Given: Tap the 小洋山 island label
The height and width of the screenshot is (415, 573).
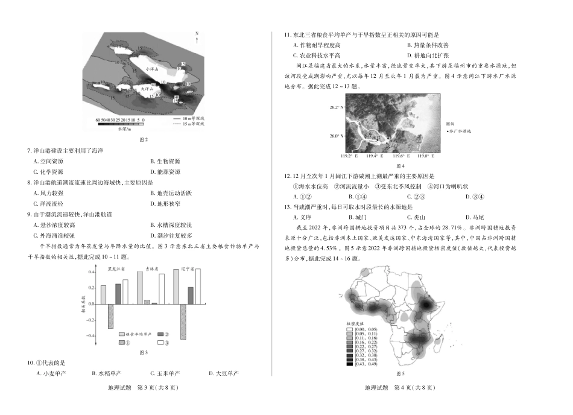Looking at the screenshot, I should tap(151, 70).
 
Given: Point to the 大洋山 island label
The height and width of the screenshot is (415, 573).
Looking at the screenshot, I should tap(147, 89).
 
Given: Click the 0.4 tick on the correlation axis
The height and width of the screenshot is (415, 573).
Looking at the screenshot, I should tap(90, 271).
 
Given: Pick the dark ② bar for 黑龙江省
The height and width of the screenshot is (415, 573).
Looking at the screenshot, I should tap(118, 294).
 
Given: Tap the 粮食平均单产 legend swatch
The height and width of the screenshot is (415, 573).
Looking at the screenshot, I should tap(122, 334).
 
